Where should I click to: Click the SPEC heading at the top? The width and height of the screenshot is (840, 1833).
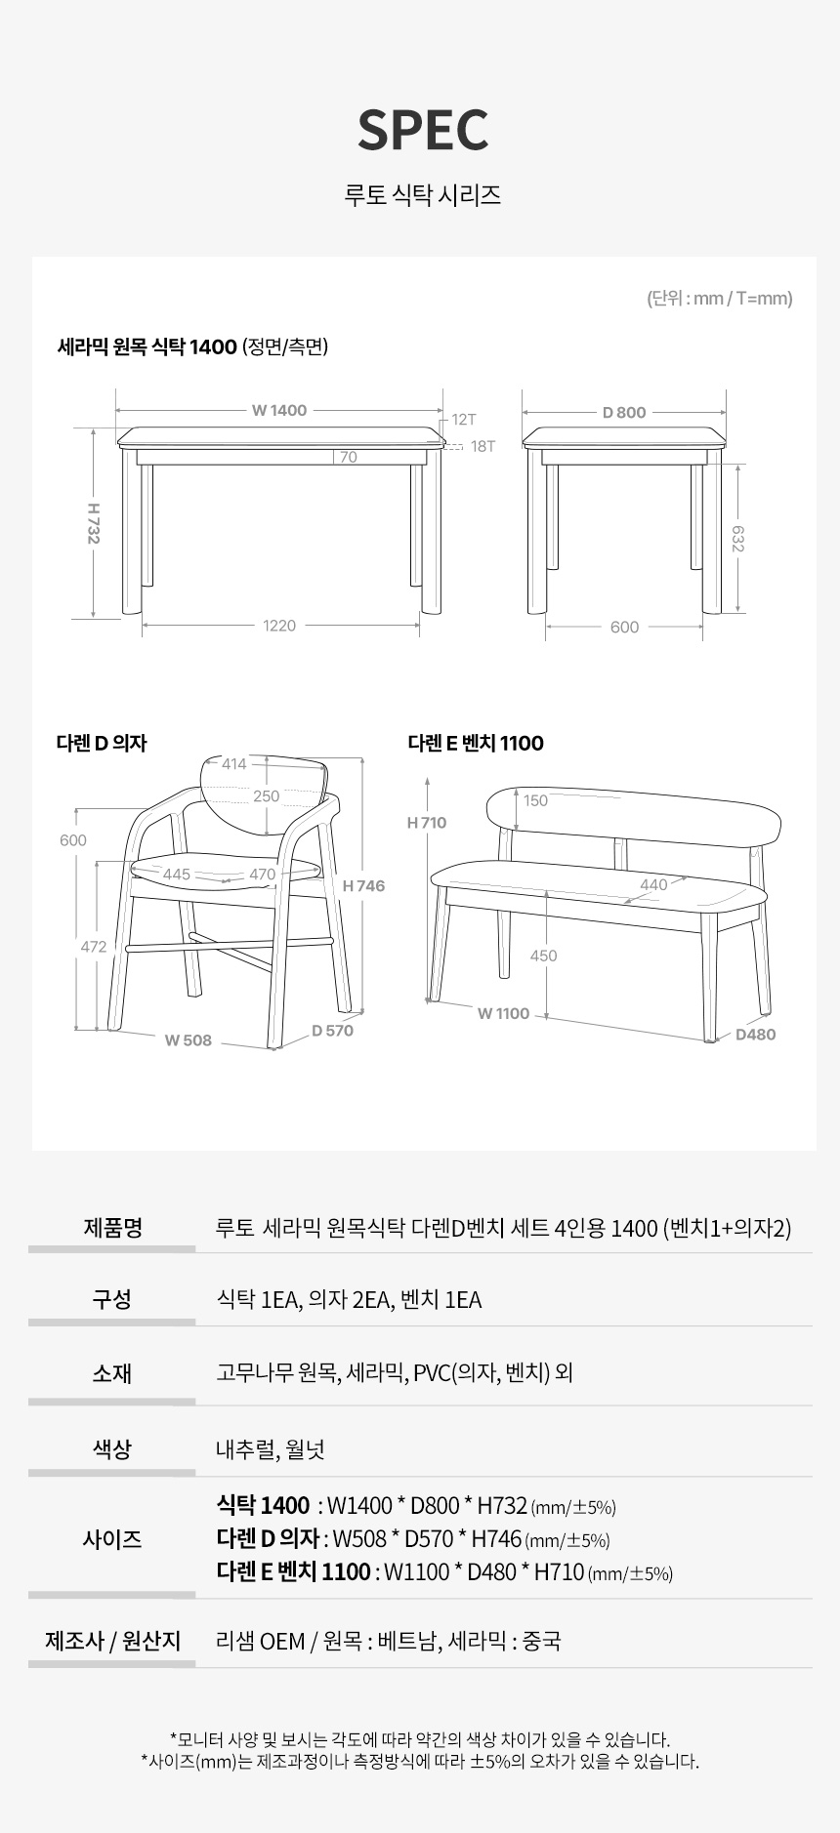click(x=423, y=130)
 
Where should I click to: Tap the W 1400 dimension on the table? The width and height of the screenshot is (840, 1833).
click(x=279, y=411)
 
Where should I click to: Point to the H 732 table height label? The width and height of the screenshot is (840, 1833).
click(x=93, y=523)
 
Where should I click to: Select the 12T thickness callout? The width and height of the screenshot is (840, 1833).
click(x=464, y=420)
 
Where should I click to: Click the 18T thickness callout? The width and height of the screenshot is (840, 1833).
click(x=483, y=446)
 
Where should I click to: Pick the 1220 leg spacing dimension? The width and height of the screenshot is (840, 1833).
click(x=279, y=626)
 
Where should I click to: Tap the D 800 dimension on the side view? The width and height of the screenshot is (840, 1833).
click(x=624, y=412)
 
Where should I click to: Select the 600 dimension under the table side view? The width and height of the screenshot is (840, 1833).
click(x=624, y=628)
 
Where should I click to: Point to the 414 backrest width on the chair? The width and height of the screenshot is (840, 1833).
click(x=234, y=764)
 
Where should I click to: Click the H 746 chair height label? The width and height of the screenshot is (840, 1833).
click(x=364, y=886)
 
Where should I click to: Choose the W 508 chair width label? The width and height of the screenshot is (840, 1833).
click(x=189, y=1040)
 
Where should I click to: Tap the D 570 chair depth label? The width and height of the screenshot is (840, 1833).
click(x=332, y=1031)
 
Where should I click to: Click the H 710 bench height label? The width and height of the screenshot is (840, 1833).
click(x=427, y=823)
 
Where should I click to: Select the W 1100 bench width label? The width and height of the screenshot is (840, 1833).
click(x=503, y=1013)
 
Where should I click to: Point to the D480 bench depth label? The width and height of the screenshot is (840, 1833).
click(x=755, y=1035)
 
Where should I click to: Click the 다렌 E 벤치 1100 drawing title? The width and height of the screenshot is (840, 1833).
click(x=476, y=743)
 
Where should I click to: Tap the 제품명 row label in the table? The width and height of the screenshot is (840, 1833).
click(x=112, y=1227)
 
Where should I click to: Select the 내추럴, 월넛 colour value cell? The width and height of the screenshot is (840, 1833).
click(x=271, y=1449)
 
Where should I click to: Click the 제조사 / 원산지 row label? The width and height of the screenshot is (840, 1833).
click(x=112, y=1641)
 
